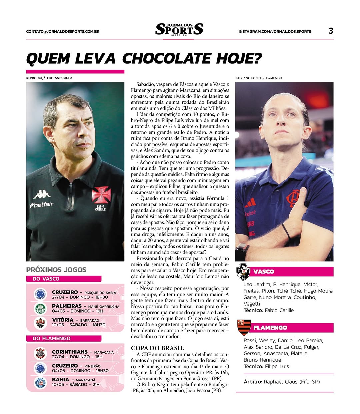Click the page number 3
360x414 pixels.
(331, 31)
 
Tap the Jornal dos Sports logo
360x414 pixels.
(179, 30)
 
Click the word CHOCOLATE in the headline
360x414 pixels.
(167, 59)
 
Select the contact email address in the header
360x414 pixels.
(63, 32)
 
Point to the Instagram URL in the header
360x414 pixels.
(275, 32)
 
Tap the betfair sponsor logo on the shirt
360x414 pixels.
(42, 204)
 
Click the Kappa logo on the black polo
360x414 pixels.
(42, 194)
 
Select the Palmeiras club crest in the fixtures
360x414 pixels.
(40, 309)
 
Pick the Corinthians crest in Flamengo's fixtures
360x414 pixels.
(40, 354)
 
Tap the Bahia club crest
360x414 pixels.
(40, 382)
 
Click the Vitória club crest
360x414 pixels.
(40, 322)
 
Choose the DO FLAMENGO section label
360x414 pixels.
(52, 338)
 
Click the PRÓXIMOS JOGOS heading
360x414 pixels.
(56, 270)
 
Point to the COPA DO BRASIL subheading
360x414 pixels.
(157, 348)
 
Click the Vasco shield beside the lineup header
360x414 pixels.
(243, 272)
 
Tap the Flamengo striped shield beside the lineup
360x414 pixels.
(244, 327)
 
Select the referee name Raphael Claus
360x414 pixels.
(292, 382)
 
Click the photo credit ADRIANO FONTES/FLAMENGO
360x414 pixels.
(259, 78)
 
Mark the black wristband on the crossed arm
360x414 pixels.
(286, 231)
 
